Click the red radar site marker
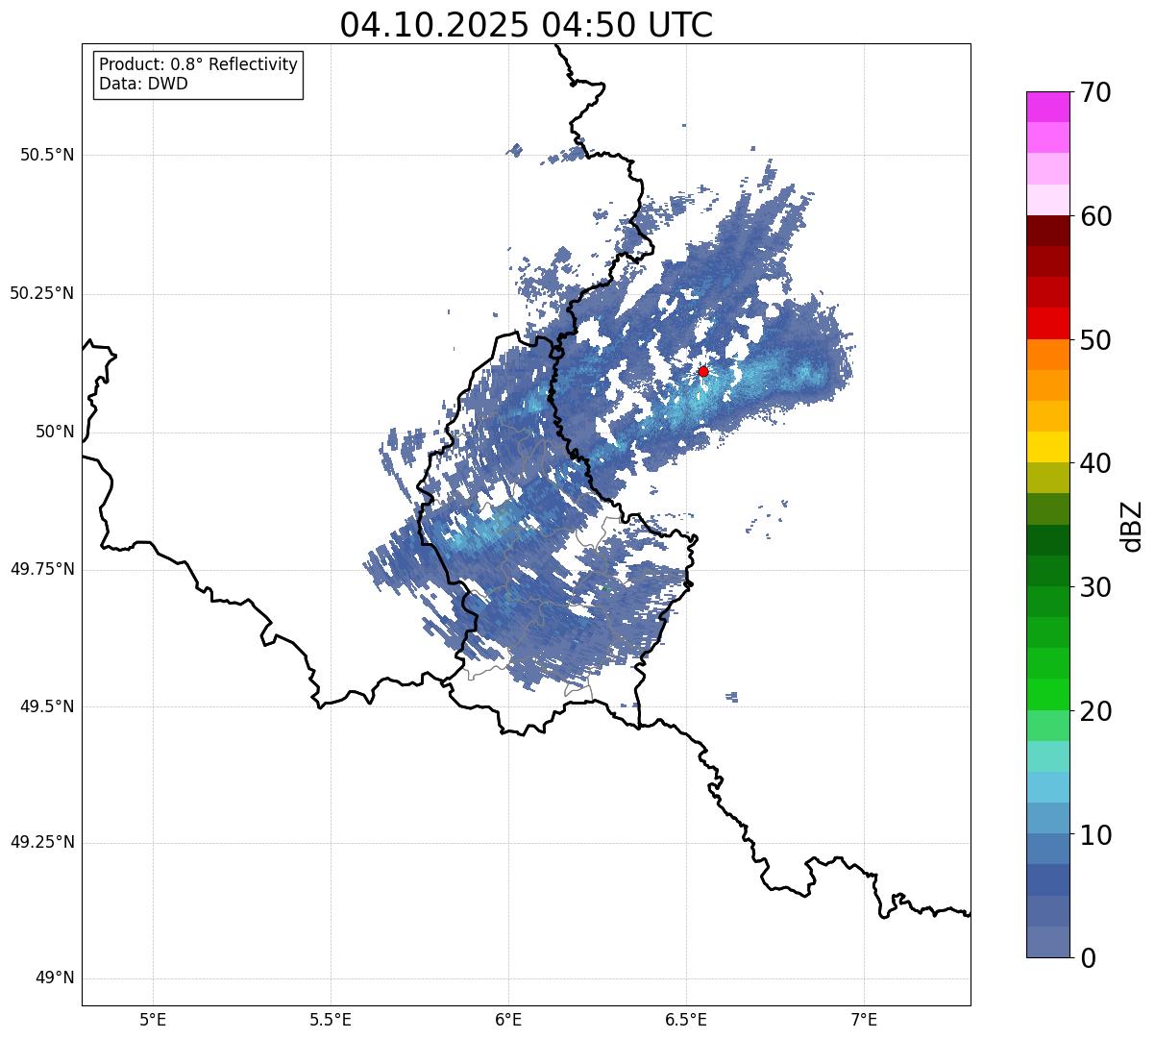(x=703, y=371)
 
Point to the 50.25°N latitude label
(x=42, y=293)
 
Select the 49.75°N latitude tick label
(x=42, y=569)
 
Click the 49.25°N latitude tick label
(x=42, y=843)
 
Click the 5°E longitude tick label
(x=154, y=1020)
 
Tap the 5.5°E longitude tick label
(x=331, y=1020)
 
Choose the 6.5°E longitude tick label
(x=686, y=1020)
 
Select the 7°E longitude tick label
(x=864, y=1020)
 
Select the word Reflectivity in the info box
(x=253, y=65)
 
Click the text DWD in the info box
(x=168, y=84)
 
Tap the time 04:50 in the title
(x=587, y=25)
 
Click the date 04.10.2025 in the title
(x=433, y=25)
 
